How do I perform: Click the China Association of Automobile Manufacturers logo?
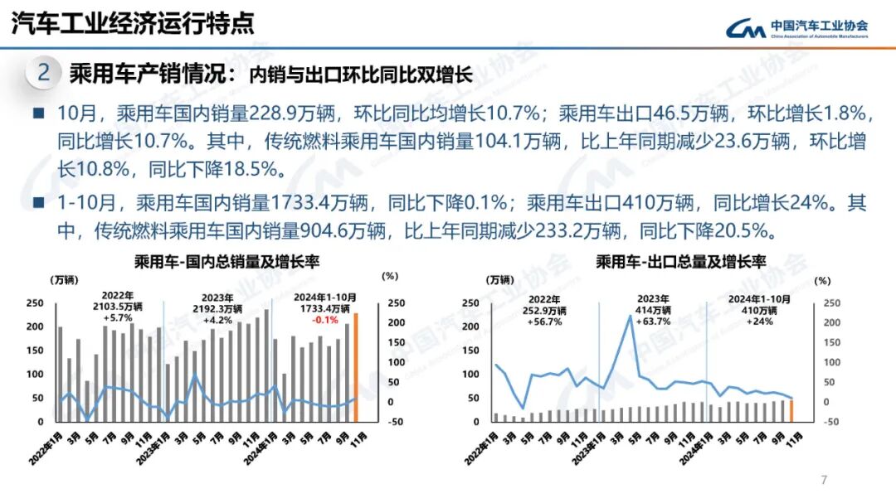pyautogui.click(x=796, y=29)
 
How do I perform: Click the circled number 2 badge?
pyautogui.click(x=44, y=73)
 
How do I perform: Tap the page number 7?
pyautogui.click(x=823, y=480)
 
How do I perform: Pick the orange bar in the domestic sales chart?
pyautogui.click(x=357, y=367)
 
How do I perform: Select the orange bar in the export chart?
pyautogui.click(x=791, y=411)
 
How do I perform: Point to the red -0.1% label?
pyautogui.click(x=324, y=319)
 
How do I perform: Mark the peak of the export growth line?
pyautogui.click(x=631, y=316)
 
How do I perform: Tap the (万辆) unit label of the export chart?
pyautogui.click(x=500, y=280)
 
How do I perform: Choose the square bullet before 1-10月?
pyautogui.click(x=39, y=202)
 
